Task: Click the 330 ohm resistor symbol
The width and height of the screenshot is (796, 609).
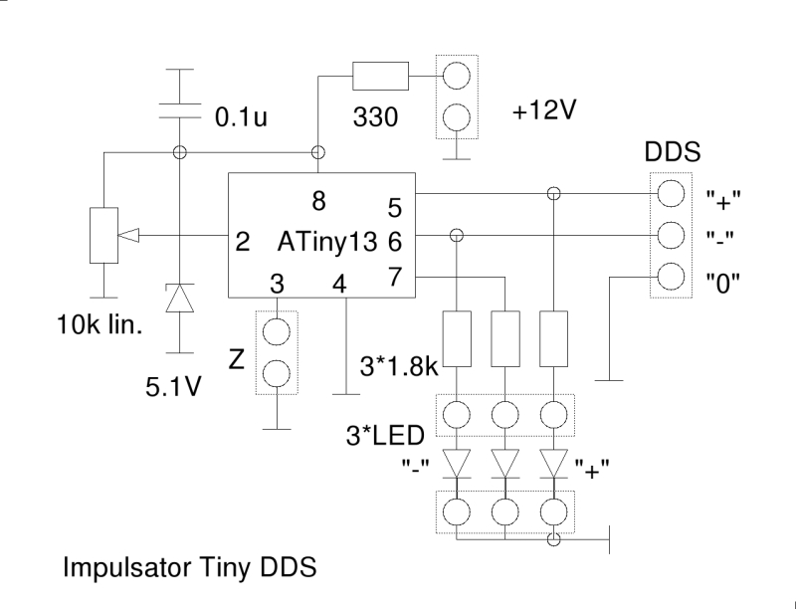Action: coord(380,75)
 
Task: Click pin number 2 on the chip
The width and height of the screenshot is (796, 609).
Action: coord(242,242)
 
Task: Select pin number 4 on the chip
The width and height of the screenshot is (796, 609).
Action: coord(339,284)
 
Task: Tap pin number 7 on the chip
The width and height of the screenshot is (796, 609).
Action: coord(394,276)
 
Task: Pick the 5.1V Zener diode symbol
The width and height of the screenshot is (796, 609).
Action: coord(180,298)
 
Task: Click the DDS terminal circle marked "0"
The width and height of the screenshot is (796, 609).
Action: coord(670,276)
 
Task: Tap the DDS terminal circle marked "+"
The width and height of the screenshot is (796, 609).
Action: coord(670,193)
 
